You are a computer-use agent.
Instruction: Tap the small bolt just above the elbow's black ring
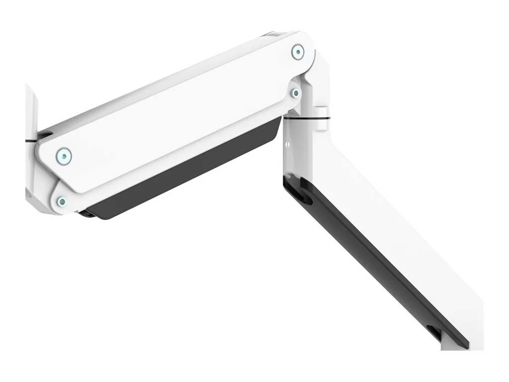[x=295, y=93]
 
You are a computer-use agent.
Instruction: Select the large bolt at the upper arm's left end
[x=64, y=156]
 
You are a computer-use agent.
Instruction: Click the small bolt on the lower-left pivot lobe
[x=62, y=201]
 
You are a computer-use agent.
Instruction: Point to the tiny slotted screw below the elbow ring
[x=288, y=145]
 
